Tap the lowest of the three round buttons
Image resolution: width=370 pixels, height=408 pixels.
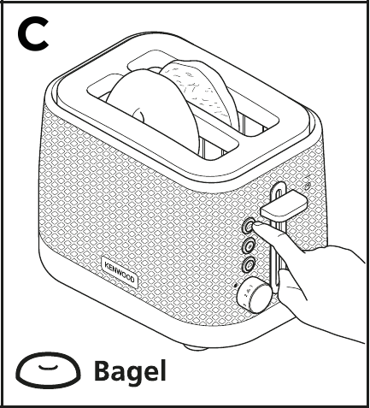tap(250, 265)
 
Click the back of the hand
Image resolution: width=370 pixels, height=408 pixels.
tap(325, 265)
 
